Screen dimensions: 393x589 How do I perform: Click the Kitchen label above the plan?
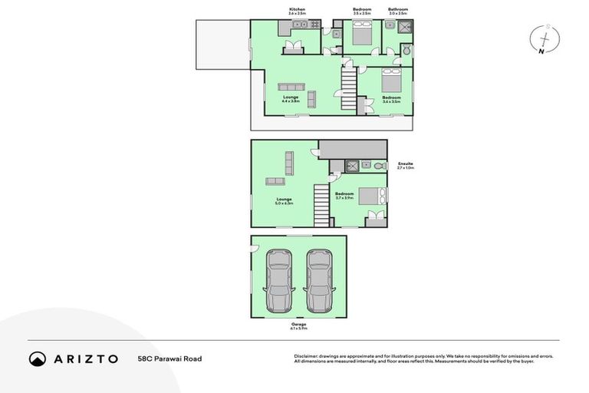296,10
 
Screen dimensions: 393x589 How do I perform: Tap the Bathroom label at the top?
397,10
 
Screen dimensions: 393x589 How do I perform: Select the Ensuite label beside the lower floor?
405,163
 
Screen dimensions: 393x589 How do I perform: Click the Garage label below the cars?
298,324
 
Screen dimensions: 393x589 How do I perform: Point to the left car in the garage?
278,280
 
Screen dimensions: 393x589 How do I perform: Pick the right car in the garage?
318,280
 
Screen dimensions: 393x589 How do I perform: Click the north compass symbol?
545,38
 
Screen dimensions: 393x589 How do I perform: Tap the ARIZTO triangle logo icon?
38,358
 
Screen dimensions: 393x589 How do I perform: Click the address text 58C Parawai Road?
169,358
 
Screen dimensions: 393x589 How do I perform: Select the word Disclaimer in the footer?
307,356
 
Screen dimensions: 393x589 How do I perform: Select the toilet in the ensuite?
377,165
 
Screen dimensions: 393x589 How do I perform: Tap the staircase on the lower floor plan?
321,205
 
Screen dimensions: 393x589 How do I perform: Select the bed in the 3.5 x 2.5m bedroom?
360,33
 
